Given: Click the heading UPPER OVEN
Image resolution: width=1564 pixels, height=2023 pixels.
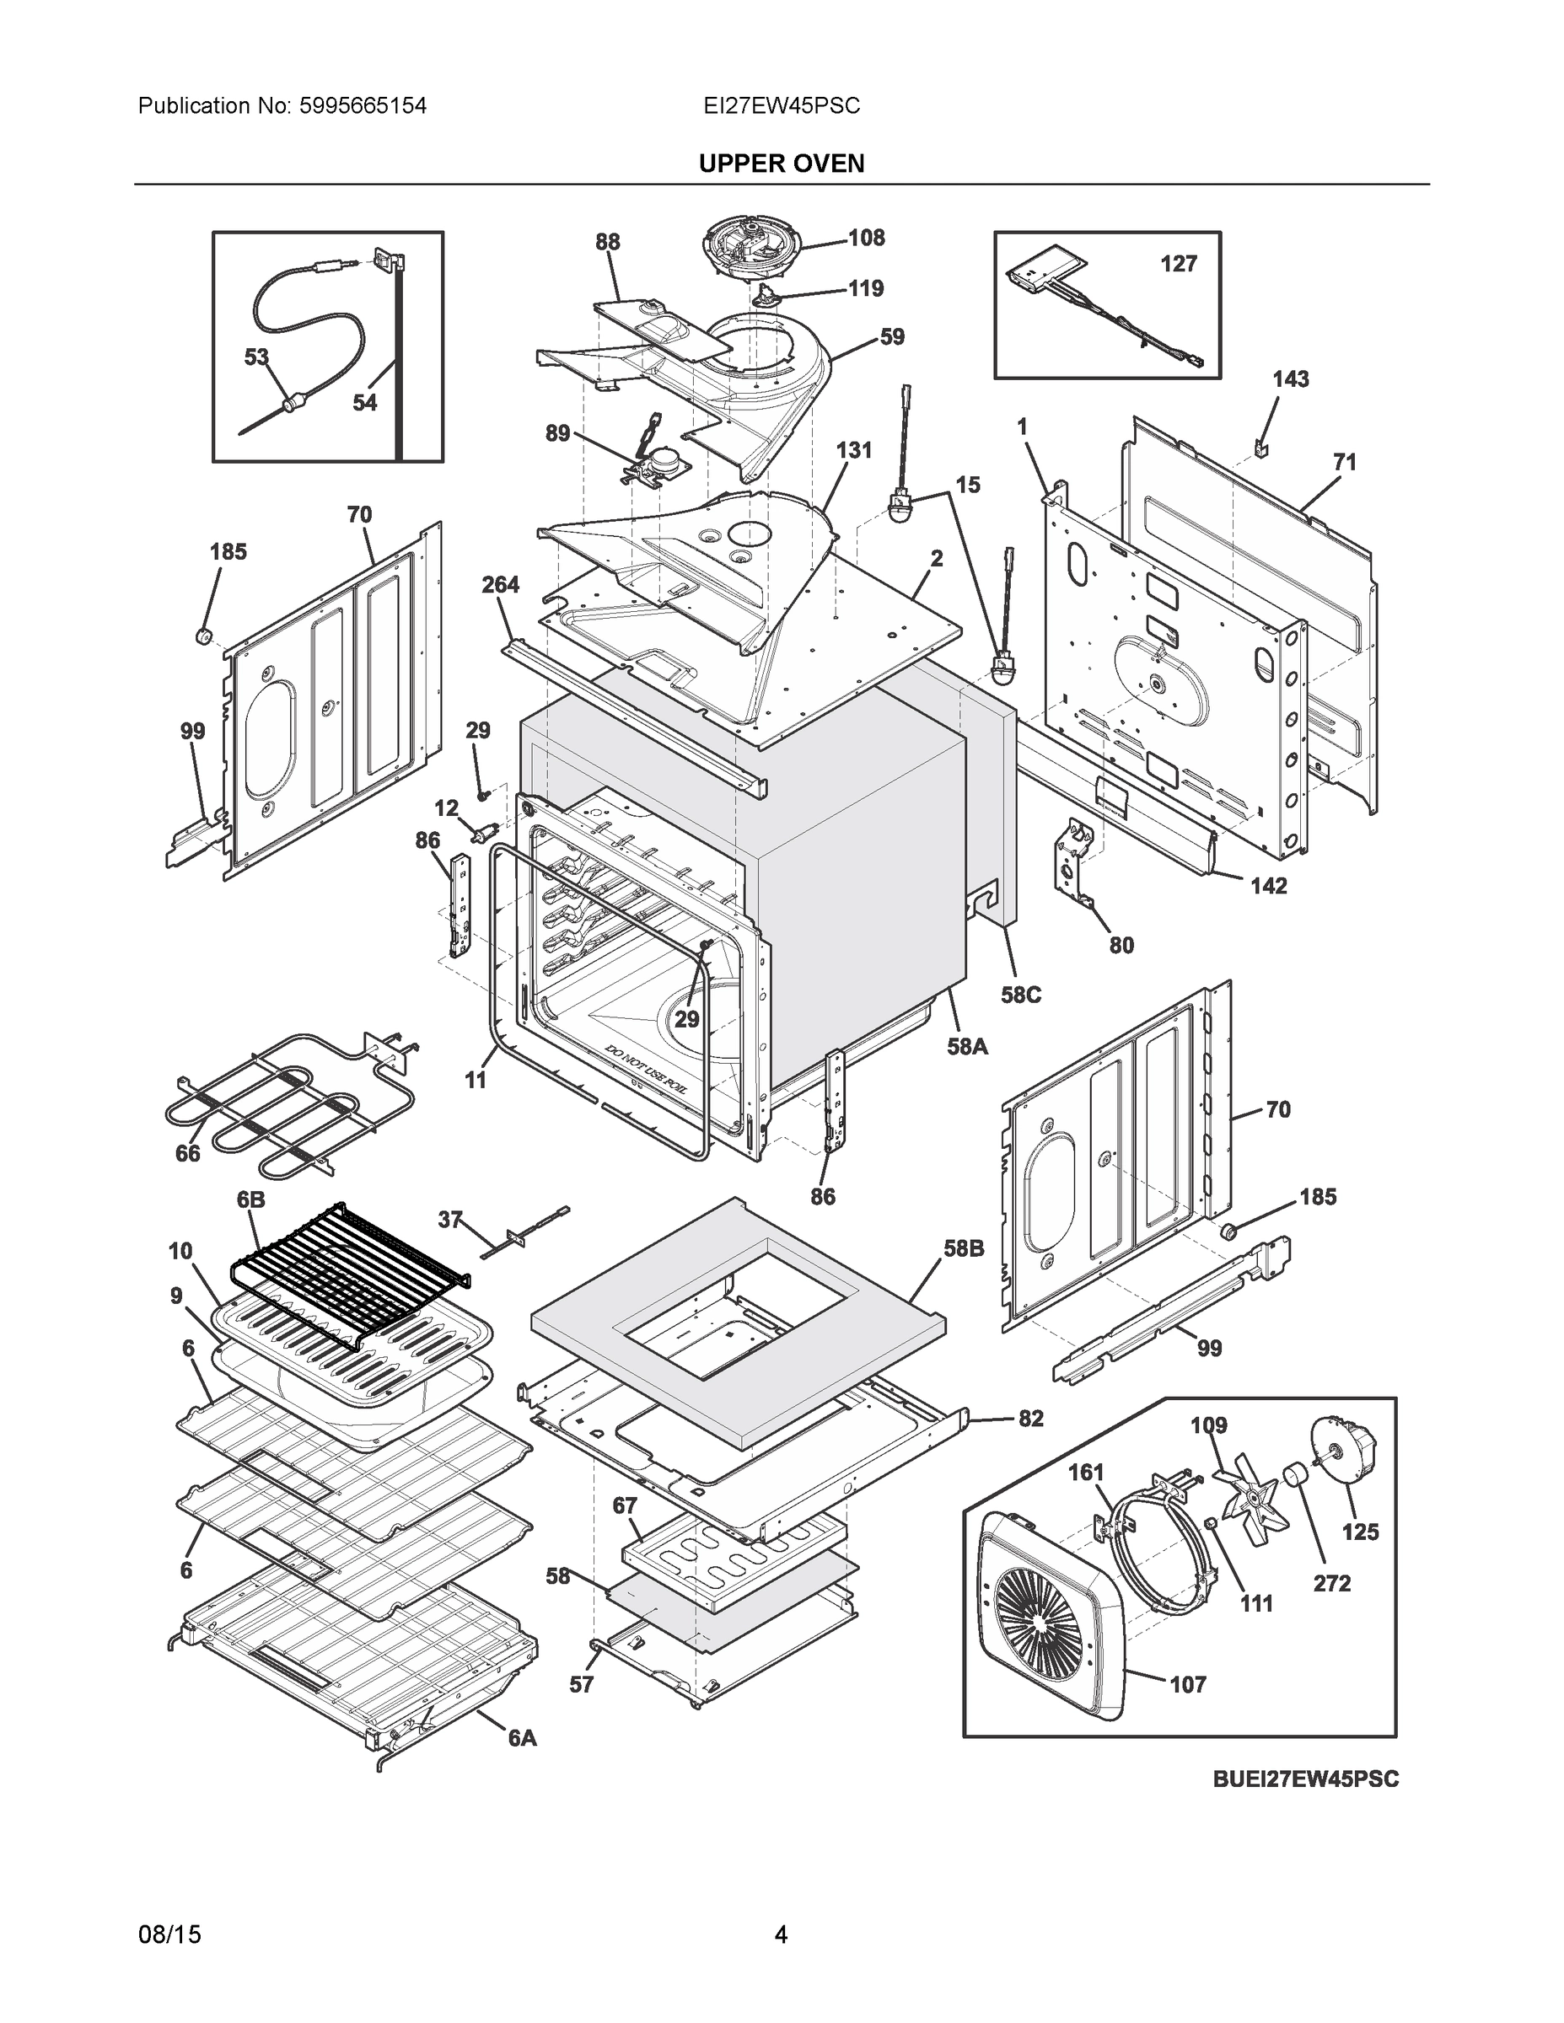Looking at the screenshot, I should click(x=781, y=164).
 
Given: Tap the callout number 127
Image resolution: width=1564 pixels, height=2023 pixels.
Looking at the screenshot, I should click(x=1179, y=264).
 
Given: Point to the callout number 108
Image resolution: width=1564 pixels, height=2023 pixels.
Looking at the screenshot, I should click(x=867, y=238).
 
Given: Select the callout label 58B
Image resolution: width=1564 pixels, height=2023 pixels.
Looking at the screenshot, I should click(x=964, y=1248).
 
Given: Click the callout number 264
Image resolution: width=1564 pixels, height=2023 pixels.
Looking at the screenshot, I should click(x=500, y=584).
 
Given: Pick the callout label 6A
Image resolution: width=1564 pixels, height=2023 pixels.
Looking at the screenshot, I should click(x=522, y=1739).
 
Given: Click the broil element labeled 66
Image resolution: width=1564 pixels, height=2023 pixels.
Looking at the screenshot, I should click(x=278, y=1103).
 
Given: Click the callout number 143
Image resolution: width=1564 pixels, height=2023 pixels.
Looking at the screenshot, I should click(x=1290, y=378).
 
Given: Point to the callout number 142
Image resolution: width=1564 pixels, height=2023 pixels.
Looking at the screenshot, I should click(x=1268, y=886).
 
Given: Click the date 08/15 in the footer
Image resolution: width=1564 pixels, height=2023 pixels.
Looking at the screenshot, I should click(x=169, y=1934).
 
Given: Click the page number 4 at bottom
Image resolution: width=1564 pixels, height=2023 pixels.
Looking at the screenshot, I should click(x=780, y=1934).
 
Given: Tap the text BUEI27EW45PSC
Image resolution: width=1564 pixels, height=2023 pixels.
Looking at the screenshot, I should click(x=1305, y=1779).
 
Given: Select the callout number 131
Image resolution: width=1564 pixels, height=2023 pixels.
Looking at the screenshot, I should click(x=853, y=450).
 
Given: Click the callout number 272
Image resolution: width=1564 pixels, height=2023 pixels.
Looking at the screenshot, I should click(x=1331, y=1583).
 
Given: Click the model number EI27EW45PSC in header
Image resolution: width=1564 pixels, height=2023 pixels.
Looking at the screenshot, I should click(x=781, y=106).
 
